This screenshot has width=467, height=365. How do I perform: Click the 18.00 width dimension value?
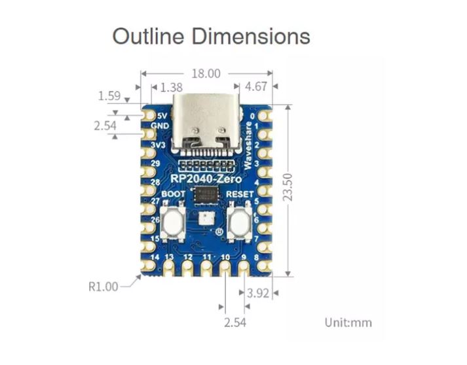[x=206, y=74]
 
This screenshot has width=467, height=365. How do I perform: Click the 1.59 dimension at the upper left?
[x=109, y=96]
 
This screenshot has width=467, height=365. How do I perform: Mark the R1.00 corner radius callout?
[x=103, y=286]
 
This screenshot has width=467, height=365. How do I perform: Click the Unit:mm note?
[x=348, y=322]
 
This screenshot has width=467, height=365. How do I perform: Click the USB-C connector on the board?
[x=206, y=124]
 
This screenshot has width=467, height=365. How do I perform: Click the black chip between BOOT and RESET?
[x=206, y=194]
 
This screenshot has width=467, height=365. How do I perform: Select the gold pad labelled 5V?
[x=146, y=114]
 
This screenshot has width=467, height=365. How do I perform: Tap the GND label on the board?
[x=160, y=126]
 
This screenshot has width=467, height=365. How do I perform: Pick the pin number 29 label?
[x=155, y=162]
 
